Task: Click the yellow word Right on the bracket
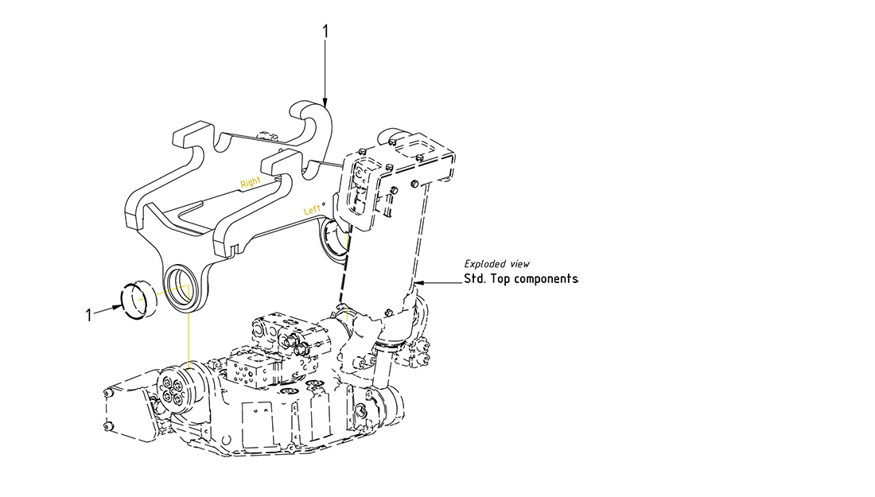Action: pyautogui.click(x=251, y=182)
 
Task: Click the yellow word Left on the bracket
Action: pyautogui.click(x=313, y=209)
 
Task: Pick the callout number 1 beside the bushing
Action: pyautogui.click(x=89, y=314)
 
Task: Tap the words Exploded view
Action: pyautogui.click(x=496, y=263)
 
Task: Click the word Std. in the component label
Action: pyautogui.click(x=476, y=279)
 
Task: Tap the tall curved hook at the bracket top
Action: pyautogui.click(x=316, y=127)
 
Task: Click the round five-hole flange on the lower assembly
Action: pyautogui.click(x=173, y=390)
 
